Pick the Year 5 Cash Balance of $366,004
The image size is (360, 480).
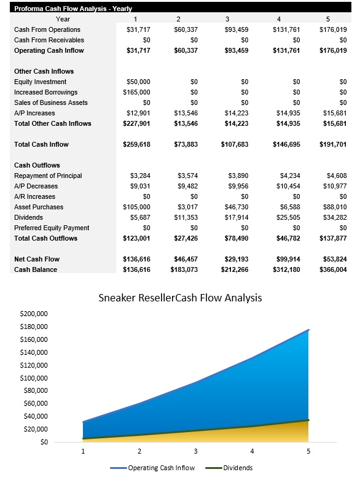point(334,269)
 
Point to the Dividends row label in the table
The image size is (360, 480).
point(28,217)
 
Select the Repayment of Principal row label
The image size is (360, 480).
point(47,176)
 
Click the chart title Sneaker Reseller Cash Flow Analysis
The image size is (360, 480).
point(181,298)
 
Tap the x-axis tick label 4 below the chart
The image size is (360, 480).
point(252,451)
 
